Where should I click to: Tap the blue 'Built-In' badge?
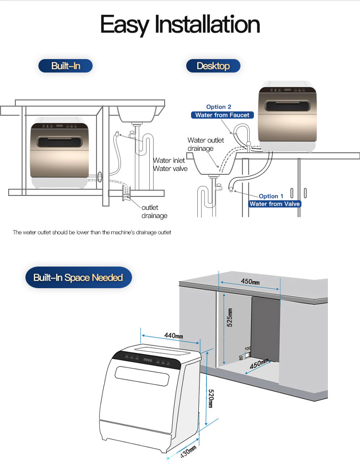66,66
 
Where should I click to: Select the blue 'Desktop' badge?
213,66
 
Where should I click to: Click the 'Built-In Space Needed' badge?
78,278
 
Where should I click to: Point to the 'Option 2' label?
219,107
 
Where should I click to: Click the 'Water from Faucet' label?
222,115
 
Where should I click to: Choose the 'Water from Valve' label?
275,204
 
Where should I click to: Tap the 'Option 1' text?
271,196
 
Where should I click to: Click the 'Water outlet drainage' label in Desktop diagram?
206,144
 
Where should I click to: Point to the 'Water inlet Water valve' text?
169,164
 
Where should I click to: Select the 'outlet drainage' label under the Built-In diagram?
155,211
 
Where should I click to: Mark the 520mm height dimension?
210,398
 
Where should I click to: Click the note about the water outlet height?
92,232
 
